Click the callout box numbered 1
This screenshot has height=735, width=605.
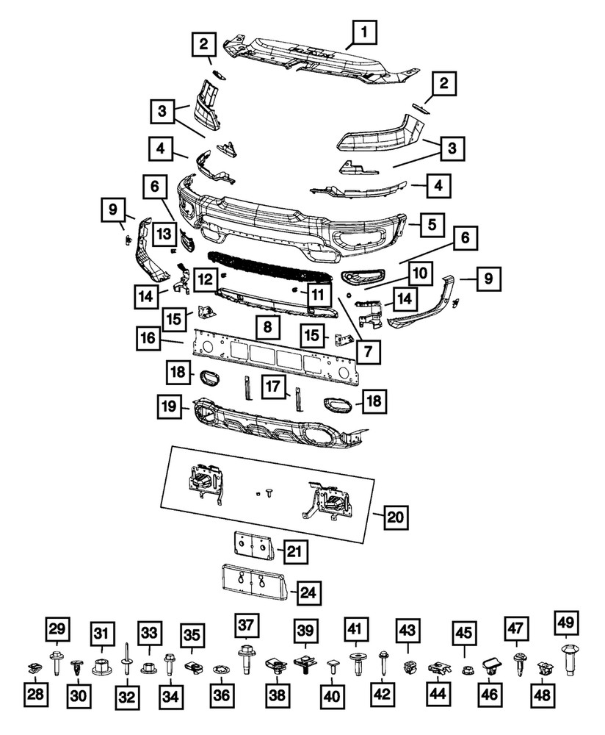[x=366, y=33]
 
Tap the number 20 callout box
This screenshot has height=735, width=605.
[x=394, y=517]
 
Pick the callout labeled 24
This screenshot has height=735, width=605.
[x=309, y=590]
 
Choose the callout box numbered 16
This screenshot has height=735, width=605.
[x=148, y=339]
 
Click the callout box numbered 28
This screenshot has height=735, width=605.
[x=34, y=694]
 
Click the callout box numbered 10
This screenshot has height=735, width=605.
[x=419, y=273]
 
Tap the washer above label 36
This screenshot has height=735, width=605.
[x=219, y=670]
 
